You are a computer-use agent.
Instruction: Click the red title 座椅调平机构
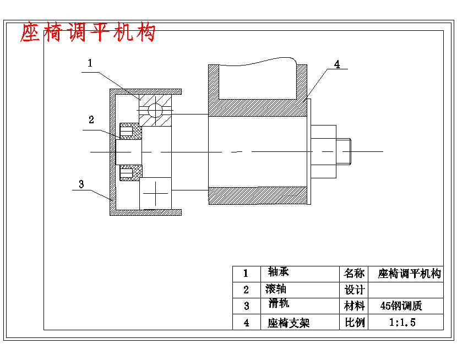point(88,33)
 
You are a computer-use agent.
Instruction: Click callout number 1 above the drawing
point(90,63)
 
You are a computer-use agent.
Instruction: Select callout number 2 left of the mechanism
point(91,119)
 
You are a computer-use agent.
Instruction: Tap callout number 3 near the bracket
point(81,184)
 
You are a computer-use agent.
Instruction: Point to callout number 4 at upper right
point(337,64)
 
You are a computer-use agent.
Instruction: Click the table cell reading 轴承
point(279,272)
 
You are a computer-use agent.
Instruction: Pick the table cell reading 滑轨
point(279,304)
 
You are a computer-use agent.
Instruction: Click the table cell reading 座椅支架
point(289,323)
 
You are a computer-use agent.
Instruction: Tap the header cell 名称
point(354,274)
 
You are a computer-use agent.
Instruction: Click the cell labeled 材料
point(354,306)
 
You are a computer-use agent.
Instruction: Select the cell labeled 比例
point(354,323)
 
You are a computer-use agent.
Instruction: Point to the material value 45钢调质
point(404,306)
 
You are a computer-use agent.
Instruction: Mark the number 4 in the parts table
point(246,323)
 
